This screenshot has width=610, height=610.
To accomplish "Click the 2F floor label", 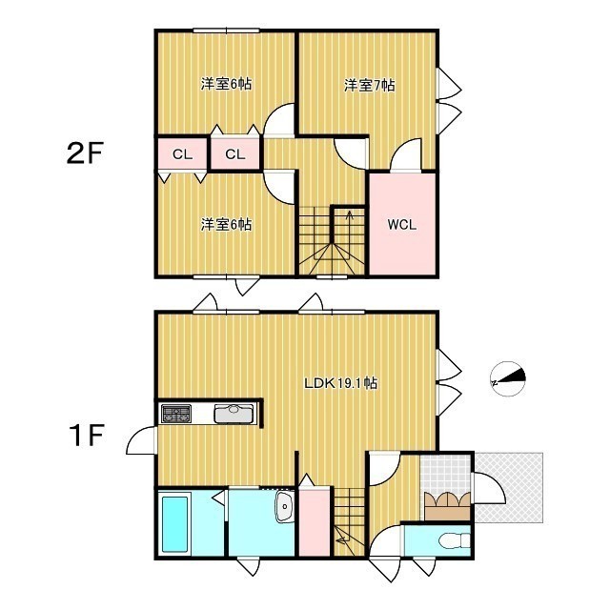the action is point(85,153).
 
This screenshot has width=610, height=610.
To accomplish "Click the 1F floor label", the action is point(87,436).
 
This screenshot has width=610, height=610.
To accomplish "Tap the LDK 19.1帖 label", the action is point(341,383).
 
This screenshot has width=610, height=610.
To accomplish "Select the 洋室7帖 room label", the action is point(369,85).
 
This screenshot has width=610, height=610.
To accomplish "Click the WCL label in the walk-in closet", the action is point(402,225).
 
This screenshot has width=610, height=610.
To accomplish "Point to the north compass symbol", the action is point(508,379).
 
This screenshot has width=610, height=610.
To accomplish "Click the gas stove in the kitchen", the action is point(176,414).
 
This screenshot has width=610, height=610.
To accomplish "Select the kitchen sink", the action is point(234,414).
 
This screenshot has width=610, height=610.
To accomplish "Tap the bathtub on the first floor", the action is point(175,523).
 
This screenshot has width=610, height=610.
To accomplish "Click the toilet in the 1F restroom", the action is point(454,540).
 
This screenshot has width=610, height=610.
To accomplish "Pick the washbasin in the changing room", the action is point(284,506).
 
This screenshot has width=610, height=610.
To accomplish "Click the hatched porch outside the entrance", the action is point(509,487).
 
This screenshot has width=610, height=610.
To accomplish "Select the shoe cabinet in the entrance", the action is point(447,506).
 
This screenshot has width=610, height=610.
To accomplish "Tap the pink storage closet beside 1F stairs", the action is point(315,521).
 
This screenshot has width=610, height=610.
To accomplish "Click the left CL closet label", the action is point(182,154).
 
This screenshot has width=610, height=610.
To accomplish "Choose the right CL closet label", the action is point(235,154).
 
